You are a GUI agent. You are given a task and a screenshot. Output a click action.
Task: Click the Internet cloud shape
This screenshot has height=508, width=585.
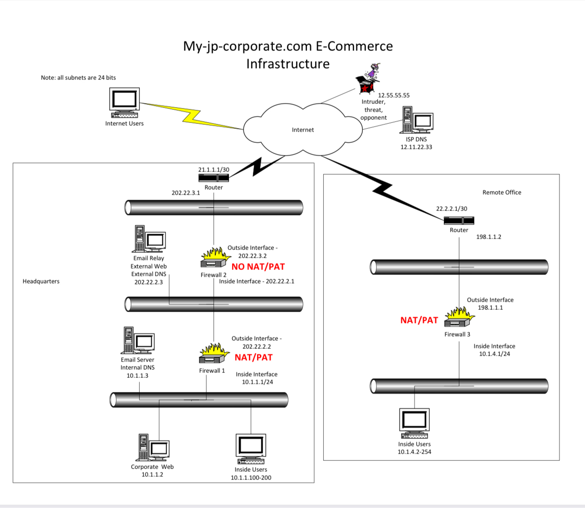click(302, 129)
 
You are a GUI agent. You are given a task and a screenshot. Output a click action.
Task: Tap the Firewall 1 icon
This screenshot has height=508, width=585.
click(212, 354)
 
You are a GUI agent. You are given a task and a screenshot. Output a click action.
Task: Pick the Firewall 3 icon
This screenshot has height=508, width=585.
click(459, 317)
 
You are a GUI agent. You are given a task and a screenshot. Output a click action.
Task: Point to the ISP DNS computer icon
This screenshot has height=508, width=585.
click(416, 120)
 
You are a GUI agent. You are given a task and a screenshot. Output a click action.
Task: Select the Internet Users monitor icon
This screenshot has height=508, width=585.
click(124, 103)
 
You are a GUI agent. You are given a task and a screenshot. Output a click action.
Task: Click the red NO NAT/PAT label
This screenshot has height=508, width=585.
click(258, 267)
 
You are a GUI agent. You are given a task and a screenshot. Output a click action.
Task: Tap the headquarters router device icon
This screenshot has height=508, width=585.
click(214, 177)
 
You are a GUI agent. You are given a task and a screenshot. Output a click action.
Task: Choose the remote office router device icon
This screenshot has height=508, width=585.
click(459, 220)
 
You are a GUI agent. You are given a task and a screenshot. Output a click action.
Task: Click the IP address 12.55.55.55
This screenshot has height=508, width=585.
click(394, 95)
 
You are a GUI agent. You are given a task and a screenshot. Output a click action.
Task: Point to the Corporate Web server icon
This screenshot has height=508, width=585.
click(153, 448)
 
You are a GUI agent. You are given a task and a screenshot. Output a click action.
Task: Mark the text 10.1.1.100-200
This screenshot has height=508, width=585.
click(251, 478)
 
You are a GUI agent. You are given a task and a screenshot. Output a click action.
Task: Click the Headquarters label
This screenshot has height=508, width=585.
click(41, 281)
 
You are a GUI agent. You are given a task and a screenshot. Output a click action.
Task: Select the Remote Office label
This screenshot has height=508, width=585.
click(502, 192)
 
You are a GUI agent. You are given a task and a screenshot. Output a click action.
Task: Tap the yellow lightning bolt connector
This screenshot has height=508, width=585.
click(190, 116)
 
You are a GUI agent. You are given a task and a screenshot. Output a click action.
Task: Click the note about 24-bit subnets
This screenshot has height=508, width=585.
click(78, 78)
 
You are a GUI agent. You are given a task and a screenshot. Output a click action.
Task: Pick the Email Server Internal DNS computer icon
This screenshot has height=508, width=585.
click(137, 341)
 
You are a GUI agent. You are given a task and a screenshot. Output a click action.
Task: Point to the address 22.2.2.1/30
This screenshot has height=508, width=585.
click(451, 209)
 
